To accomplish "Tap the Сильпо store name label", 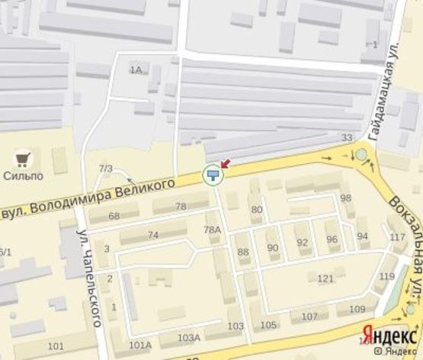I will coord(25,175).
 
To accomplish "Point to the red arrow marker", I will coord(226,163).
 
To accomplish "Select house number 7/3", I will coord(105,168).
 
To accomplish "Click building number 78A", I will coord(213,229).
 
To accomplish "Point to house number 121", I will coord(325,278).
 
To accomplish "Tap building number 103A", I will coord(188,337).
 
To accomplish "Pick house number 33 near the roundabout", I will coord(348,137).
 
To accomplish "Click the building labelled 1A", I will coord(136,70).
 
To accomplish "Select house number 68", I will coord(114,216).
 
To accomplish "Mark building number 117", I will coord(397,237).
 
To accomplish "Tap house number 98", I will coord(346,198).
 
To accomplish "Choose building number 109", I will coord(357,309).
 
